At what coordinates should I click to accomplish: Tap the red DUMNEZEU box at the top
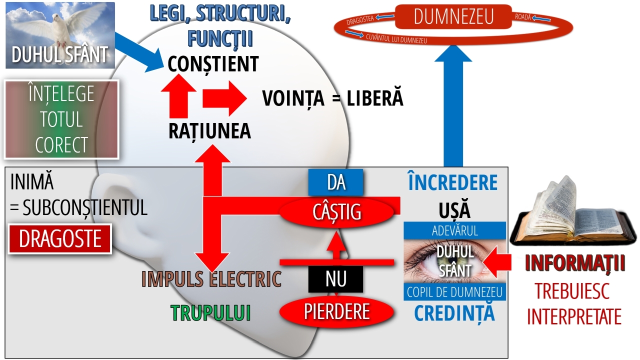[453, 17]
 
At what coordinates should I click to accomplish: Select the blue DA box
[335, 182]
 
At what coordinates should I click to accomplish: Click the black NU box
[335, 279]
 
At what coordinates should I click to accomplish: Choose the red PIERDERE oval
[336, 312]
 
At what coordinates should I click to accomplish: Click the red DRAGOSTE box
[60, 239]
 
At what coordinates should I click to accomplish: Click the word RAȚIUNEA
[209, 131]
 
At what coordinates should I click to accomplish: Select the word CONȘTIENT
[213, 64]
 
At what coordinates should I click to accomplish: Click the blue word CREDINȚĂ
[454, 312]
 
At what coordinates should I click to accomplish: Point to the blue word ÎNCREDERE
[452, 183]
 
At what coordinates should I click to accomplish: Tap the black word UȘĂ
[455, 210]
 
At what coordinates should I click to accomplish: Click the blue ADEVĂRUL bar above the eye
[454, 231]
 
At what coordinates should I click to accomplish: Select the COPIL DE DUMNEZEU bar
[454, 292]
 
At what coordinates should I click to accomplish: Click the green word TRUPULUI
[210, 313]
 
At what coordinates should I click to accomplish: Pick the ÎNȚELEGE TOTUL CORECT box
[61, 119]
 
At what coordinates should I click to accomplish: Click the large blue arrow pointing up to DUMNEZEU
[452, 115]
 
